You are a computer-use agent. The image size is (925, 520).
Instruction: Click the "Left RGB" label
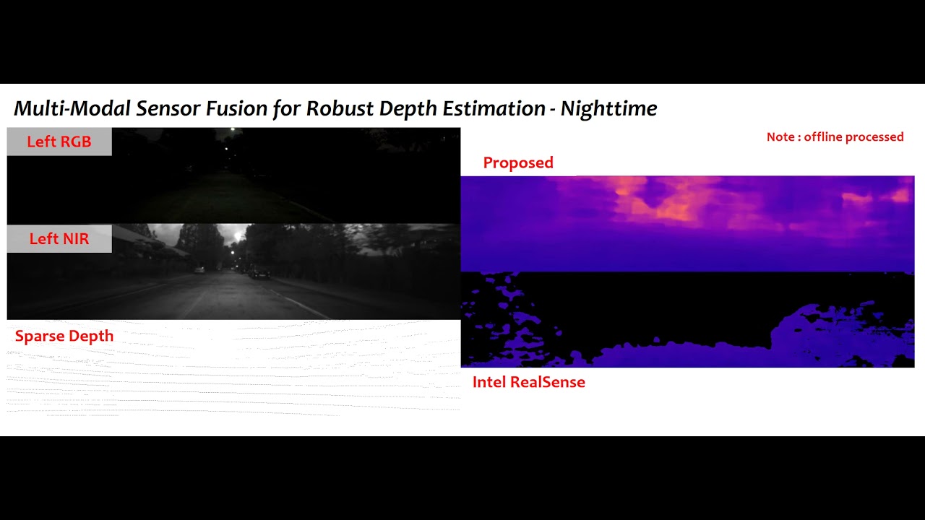click(59, 142)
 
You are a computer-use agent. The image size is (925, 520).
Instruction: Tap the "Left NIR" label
click(59, 239)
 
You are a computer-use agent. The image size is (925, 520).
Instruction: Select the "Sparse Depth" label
click(64, 337)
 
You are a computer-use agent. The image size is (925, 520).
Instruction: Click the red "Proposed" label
click(518, 163)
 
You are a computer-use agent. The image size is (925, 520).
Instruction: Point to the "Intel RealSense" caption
click(529, 382)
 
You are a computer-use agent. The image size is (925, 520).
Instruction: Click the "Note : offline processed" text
click(835, 137)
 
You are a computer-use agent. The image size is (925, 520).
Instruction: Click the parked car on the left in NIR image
click(199, 269)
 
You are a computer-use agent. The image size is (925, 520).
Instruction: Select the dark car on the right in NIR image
click(259, 274)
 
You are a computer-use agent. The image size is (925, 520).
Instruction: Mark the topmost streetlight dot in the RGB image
click(232, 130)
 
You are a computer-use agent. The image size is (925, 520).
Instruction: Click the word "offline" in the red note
click(825, 137)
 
